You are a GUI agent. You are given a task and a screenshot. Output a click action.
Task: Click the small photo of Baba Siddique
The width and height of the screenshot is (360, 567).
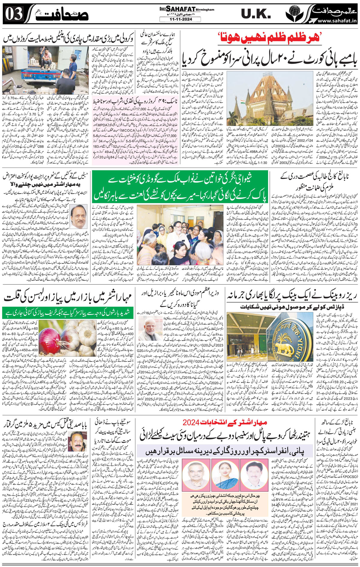click(x=75, y=442)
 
